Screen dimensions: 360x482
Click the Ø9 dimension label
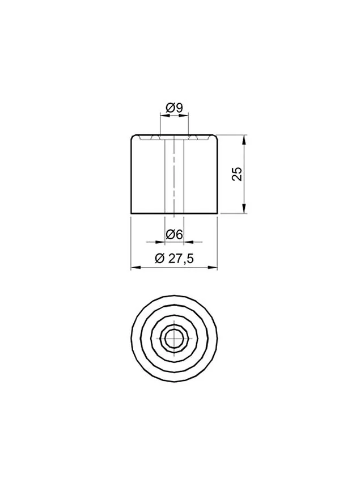[174, 108]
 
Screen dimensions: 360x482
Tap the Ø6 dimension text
[174, 235]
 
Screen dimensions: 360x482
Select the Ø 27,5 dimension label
[174, 259]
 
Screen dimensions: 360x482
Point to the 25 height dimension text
[238, 174]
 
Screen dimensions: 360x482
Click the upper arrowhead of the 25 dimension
[244, 139]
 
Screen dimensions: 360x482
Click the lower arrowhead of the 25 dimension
[244, 209]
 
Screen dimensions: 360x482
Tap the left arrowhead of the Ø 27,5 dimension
[136, 268]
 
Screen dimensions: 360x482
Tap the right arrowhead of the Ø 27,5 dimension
[213, 268]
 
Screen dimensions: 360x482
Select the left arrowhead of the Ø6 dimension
[160, 242]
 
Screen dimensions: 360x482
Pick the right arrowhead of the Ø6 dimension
[188, 242]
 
